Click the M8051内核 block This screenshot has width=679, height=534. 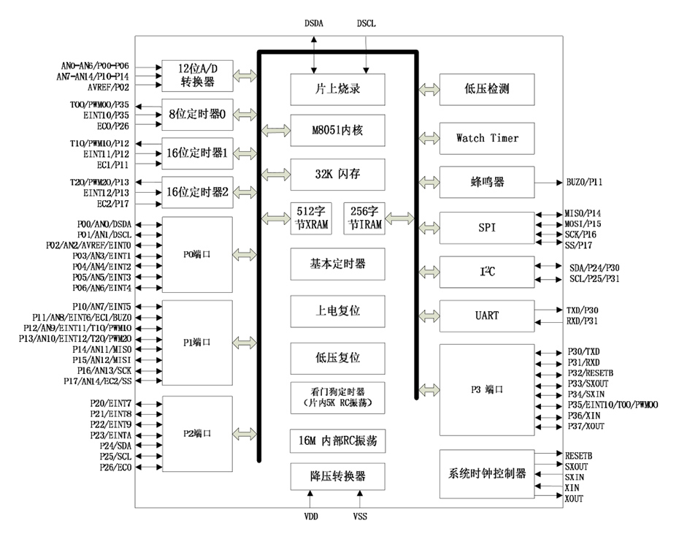[337, 130]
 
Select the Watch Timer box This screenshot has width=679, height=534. [487, 137]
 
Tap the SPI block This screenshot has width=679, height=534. [487, 227]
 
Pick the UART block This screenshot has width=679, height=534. [487, 316]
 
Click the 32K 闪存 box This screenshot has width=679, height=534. [337, 175]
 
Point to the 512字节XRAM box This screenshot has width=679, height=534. [311, 218]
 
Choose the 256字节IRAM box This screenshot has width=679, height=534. [363, 218]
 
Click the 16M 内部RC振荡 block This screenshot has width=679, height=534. [337, 441]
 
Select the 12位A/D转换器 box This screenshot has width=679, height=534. [197, 75]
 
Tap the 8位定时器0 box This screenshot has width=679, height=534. [197, 115]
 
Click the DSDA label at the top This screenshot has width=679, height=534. [314, 23]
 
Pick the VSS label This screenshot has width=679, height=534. [361, 516]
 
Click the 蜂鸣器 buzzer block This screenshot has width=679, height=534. [487, 182]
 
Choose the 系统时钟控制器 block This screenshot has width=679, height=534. [487, 473]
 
